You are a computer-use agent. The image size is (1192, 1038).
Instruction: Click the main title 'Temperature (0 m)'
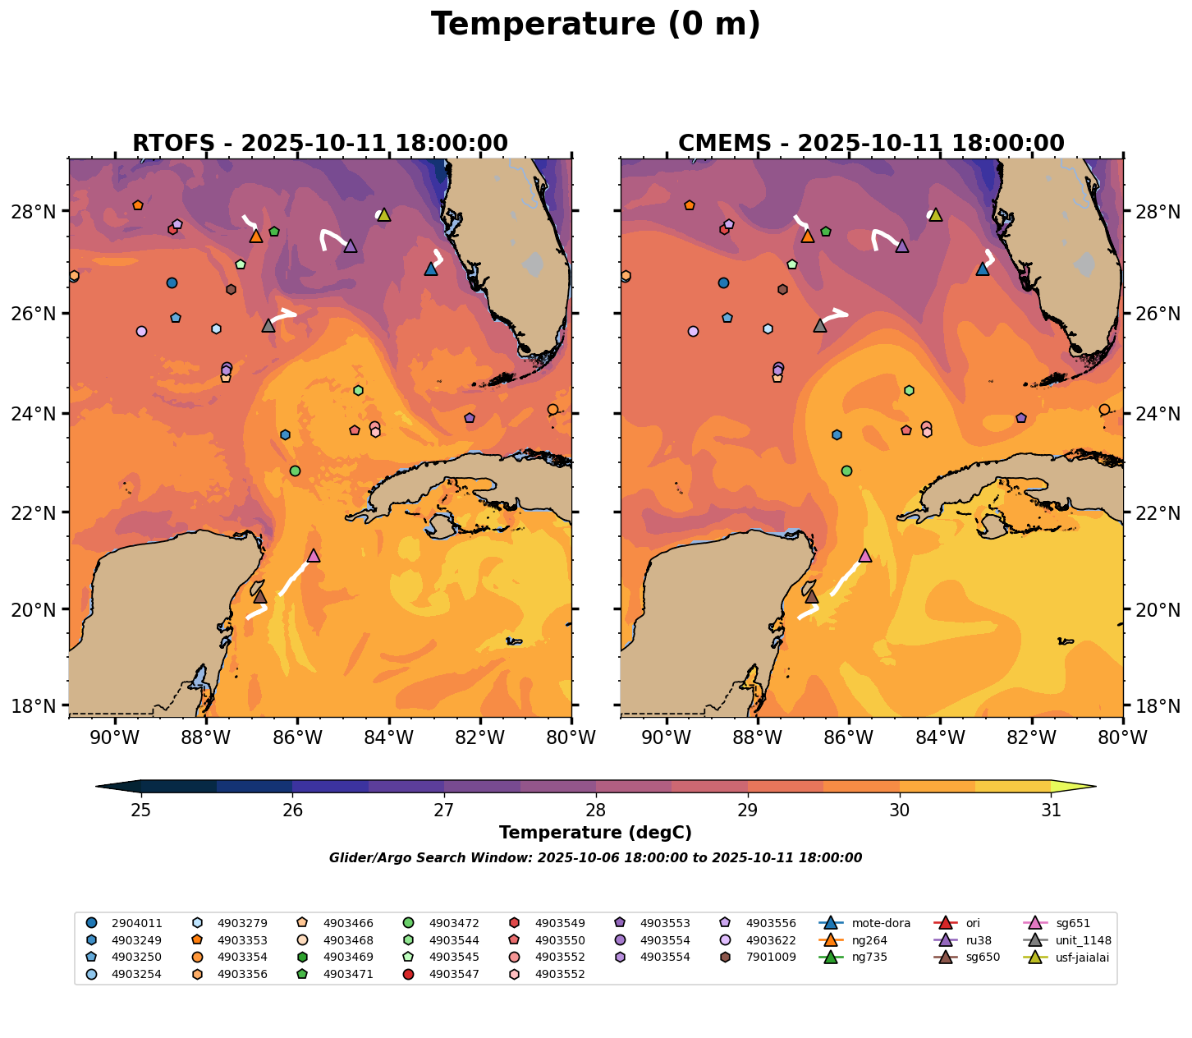tap(595, 25)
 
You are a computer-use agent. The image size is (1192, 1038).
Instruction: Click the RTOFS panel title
tap(320, 144)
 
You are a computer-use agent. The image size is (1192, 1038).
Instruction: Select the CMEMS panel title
tap(871, 144)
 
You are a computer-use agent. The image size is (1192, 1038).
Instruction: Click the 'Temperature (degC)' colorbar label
tap(595, 833)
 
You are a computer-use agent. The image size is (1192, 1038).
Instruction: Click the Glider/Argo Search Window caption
tap(595, 858)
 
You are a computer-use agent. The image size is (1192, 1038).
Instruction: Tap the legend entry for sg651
tap(1066, 923)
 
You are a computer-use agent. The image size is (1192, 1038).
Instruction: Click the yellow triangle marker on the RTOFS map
tap(383, 215)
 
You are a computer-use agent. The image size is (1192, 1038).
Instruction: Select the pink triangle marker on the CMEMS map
tap(864, 556)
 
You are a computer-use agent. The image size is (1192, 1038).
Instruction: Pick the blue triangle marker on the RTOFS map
tap(431, 269)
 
